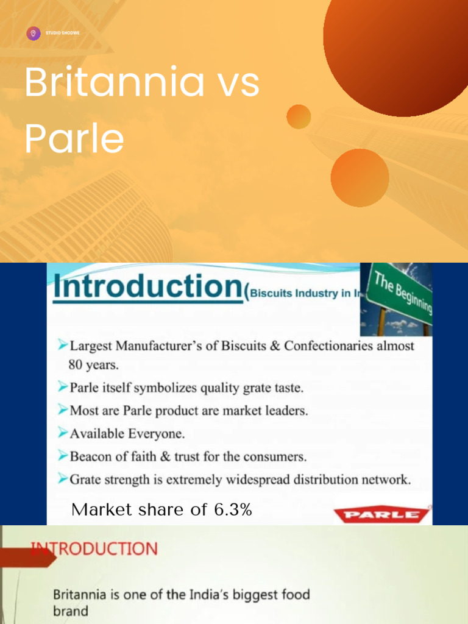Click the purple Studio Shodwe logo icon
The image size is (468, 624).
tap(34, 33)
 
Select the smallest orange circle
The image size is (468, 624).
tap(299, 116)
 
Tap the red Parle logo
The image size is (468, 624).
tap(382, 516)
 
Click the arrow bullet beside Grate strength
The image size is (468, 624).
tap(62, 479)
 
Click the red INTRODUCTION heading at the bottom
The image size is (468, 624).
tap(94, 548)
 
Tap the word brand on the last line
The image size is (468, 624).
tap(70, 610)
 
